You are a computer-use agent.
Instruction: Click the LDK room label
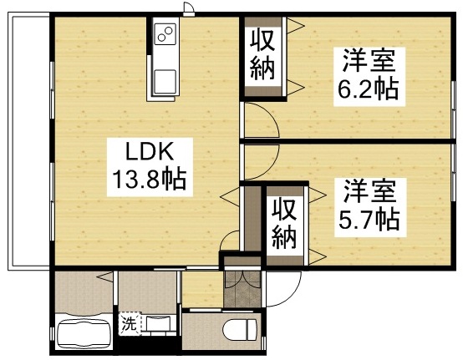(x=149, y=151)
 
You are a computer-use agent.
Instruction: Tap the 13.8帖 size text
(x=149, y=178)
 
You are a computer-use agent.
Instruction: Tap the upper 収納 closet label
(x=262, y=53)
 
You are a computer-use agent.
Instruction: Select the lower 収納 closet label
(x=285, y=225)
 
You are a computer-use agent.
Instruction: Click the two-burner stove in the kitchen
(x=165, y=35)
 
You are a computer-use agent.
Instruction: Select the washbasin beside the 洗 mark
(x=158, y=324)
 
